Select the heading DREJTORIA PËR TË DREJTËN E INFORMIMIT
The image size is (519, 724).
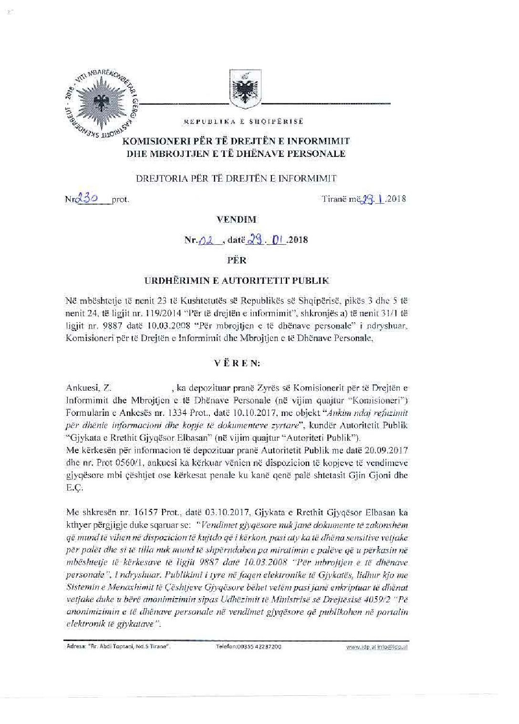236,178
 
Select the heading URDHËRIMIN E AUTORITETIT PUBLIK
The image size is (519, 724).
237,280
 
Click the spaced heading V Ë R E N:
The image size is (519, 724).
236,363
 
